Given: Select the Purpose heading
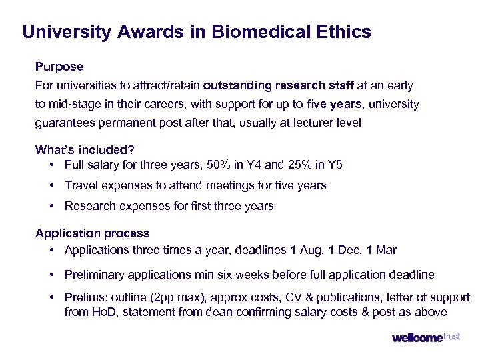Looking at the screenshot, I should [59, 67].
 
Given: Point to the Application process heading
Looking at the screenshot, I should [93, 233].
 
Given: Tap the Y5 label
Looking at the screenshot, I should [335, 165].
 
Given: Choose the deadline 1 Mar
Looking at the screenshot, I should [383, 250].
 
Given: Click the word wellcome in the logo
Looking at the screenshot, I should [417, 338].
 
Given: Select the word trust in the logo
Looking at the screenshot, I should [451, 337].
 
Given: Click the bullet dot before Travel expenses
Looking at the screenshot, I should [52, 185].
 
